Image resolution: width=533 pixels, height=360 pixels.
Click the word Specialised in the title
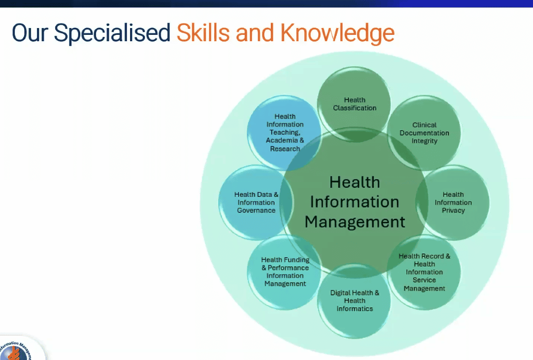click(112, 33)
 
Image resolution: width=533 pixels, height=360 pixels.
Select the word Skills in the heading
click(203, 32)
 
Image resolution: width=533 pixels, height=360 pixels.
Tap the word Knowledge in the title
click(337, 33)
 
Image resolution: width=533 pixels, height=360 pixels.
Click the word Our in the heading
click(30, 33)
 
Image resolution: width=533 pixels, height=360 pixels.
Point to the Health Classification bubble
click(354, 104)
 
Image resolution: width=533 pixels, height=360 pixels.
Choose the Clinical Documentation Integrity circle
click(424, 133)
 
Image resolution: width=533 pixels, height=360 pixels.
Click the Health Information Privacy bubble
click(453, 202)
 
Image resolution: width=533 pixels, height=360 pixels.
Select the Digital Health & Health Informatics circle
click(354, 301)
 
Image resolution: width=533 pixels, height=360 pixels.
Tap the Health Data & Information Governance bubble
click(256, 202)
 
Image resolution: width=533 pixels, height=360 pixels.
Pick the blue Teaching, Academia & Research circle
click(284, 133)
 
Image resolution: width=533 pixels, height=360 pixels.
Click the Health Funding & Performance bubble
click(284, 272)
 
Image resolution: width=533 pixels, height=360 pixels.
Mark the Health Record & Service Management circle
click(424, 272)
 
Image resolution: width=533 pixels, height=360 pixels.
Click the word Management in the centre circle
click(355, 222)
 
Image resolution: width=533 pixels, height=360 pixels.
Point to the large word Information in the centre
click(354, 202)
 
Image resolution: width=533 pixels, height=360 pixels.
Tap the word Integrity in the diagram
click(425, 141)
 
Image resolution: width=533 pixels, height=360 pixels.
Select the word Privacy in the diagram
click(453, 210)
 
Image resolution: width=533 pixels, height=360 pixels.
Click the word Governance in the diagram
click(256, 210)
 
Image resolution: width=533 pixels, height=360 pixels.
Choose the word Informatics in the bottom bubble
click(354, 309)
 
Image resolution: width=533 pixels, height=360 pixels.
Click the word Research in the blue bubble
click(285, 149)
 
